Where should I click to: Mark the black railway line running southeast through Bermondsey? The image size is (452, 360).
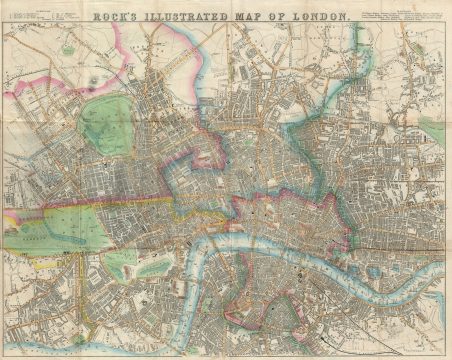coord(330,300)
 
